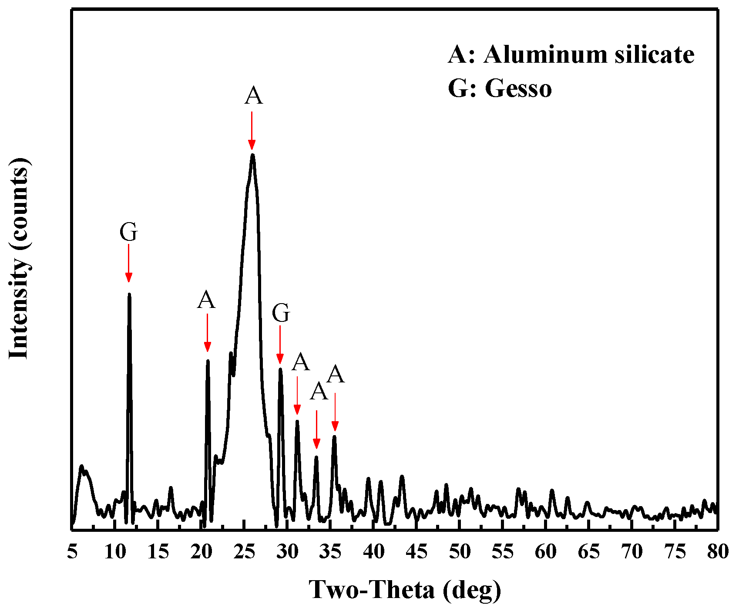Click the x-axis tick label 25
[244, 552]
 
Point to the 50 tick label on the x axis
[460, 552]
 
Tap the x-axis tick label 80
[717, 552]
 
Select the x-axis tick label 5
[72, 552]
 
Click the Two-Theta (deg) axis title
[405, 590]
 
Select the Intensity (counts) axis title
[19, 258]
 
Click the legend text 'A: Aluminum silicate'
[571, 55]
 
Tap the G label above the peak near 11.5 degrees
[129, 232]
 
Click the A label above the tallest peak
[253, 95]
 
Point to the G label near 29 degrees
[281, 313]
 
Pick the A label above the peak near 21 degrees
[206, 300]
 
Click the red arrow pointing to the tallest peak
[252, 131]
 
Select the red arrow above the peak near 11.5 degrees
[128, 263]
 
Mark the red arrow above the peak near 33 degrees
[316, 429]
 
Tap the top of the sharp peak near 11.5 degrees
[129, 294]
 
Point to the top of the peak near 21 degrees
[208, 361]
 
